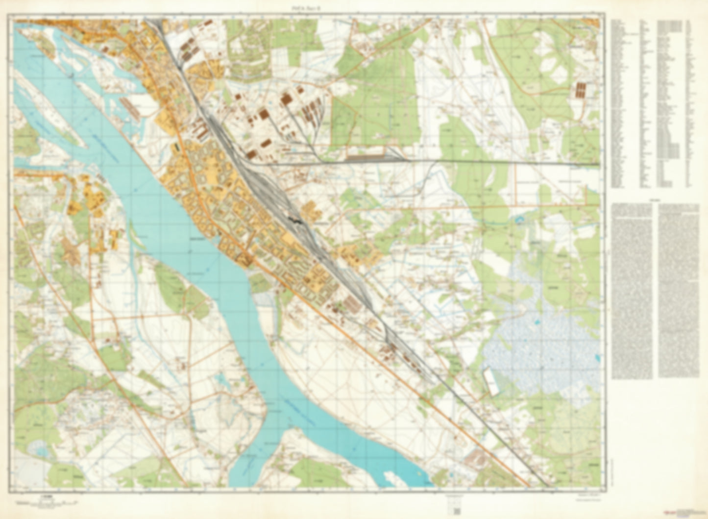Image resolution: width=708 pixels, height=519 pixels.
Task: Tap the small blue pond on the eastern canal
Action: pyautogui.click(x=519, y=222)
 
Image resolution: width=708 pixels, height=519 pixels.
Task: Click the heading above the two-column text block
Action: pyautogui.click(x=654, y=200)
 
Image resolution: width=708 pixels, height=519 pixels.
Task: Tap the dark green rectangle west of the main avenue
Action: pyautogui.click(x=175, y=147)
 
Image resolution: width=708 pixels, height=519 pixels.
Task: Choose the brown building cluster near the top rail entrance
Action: pyautogui.click(x=187, y=50)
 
